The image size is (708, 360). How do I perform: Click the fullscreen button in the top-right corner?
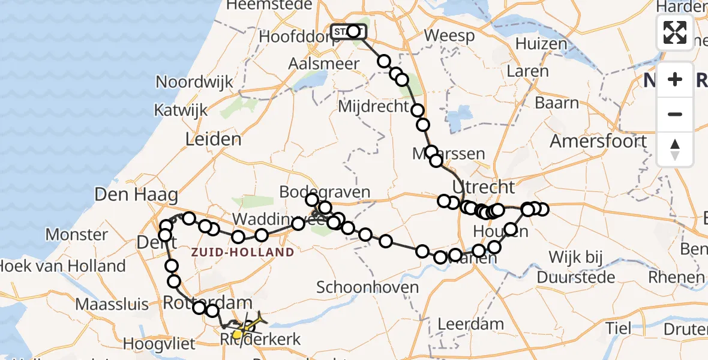click(x=675, y=32)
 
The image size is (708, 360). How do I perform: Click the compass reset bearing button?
click(x=675, y=149)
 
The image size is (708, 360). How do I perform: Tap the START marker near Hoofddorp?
click(x=347, y=31)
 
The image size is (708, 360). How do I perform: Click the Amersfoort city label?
click(x=599, y=142)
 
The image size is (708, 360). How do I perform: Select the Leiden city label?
click(x=213, y=139)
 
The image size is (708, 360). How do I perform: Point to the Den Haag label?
click(x=136, y=194)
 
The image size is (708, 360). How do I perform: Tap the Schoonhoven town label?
click(x=368, y=287)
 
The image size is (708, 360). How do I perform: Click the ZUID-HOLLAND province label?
click(x=243, y=253)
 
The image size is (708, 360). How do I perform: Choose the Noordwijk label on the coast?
click(x=194, y=82)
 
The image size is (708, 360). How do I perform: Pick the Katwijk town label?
click(x=181, y=110)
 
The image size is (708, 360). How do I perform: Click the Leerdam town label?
click(x=470, y=324)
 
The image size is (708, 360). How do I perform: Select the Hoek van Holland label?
click(x=63, y=266)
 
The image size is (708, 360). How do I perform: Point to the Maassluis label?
click(x=112, y=304)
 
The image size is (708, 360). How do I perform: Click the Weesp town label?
click(x=449, y=35)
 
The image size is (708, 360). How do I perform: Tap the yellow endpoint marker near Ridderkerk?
click(x=238, y=334)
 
